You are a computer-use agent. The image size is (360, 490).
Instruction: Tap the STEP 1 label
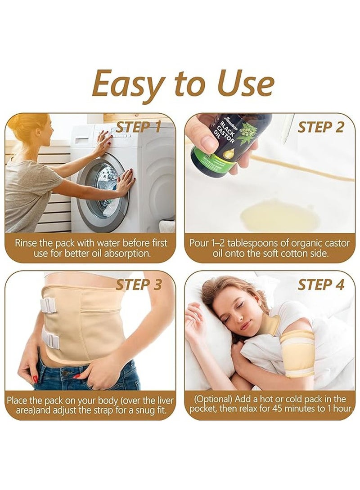(138, 127)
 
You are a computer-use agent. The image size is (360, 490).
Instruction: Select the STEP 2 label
(321, 127)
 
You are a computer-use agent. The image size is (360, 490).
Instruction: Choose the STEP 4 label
(321, 285)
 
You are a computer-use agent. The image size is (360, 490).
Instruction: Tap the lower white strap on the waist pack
(51, 340)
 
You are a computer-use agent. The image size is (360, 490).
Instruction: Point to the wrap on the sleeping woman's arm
(297, 353)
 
